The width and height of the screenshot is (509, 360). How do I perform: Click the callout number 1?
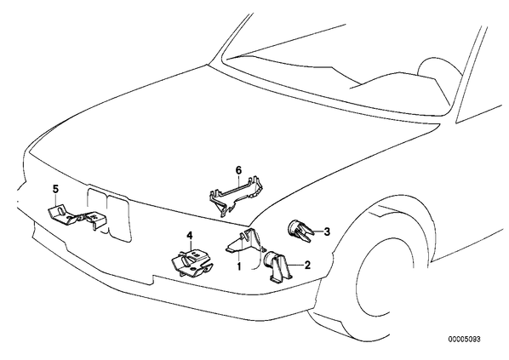pyautogui.click(x=239, y=267)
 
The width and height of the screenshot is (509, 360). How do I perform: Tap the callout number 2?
pyautogui.click(x=307, y=265)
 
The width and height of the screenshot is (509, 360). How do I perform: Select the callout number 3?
pyautogui.click(x=327, y=231)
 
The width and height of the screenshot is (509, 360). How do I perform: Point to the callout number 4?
pyautogui.click(x=190, y=235)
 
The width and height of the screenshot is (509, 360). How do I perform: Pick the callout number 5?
pyautogui.click(x=55, y=189)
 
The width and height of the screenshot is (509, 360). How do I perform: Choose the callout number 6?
pyautogui.click(x=238, y=169)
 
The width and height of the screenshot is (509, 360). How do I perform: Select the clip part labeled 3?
pyautogui.click(x=301, y=231)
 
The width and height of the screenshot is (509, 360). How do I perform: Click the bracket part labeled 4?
pyautogui.click(x=192, y=263)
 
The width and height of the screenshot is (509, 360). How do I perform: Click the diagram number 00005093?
pyautogui.click(x=464, y=340)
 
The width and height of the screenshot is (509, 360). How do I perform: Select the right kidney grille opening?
pyautogui.click(x=119, y=218)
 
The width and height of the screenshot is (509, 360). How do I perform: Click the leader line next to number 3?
pyautogui.click(x=318, y=231)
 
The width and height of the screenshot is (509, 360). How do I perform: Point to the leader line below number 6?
pyautogui.click(x=239, y=183)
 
